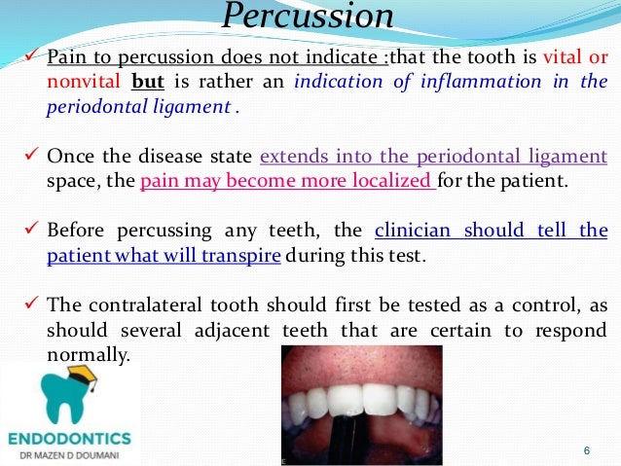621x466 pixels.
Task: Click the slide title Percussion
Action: click(309, 16)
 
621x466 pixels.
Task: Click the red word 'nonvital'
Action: click(81, 83)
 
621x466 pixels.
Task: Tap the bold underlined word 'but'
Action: click(149, 83)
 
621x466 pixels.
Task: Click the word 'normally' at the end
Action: click(87, 355)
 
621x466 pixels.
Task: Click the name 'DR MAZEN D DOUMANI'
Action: click(69, 455)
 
